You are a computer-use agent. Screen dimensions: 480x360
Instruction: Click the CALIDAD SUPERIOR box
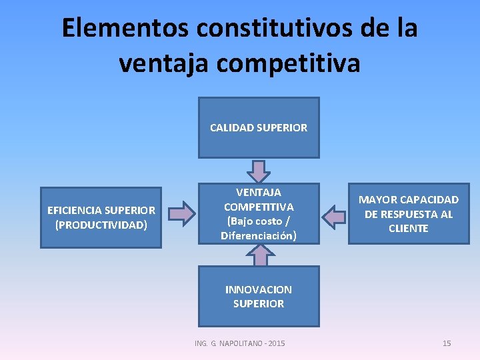point(259,127)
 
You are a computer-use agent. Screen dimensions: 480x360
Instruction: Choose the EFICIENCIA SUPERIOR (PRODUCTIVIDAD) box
point(101,217)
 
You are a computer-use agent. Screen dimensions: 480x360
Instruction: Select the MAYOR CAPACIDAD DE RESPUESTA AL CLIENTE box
point(409,213)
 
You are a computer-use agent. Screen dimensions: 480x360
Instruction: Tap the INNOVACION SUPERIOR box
point(259,296)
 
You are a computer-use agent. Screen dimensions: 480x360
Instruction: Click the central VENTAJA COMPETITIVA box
point(259,213)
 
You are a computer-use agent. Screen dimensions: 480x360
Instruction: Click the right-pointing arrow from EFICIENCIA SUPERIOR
point(180,213)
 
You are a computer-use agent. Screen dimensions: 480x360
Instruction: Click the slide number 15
point(447,343)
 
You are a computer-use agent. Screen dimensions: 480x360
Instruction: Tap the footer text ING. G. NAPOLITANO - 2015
point(239,343)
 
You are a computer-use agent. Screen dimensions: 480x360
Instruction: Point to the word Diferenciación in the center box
point(259,235)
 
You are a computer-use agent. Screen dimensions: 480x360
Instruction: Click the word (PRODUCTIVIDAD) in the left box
point(101,225)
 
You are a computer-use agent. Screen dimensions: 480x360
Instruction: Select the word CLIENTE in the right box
point(409,228)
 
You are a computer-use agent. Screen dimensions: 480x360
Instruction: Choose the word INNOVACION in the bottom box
point(259,289)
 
